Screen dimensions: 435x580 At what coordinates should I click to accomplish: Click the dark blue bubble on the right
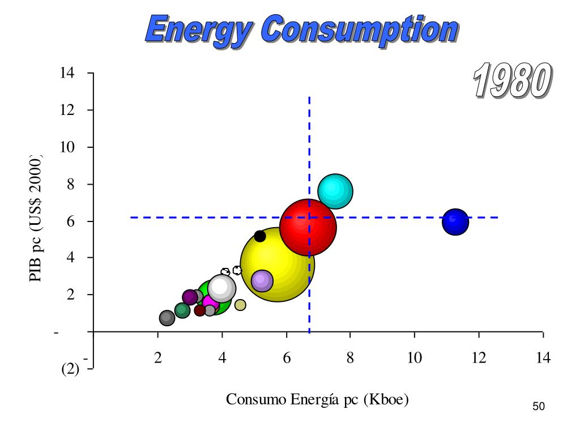[455, 221]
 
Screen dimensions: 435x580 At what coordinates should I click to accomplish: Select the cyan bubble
[335, 191]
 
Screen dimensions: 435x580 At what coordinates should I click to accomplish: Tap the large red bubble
[308, 228]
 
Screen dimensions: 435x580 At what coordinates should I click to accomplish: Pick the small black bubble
[260, 236]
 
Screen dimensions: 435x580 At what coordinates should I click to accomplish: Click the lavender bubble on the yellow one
[262, 280]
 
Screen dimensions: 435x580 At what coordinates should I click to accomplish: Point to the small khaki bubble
[240, 305]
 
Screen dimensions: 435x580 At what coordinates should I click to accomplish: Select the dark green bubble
[182, 310]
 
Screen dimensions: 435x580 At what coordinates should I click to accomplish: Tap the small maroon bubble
[199, 310]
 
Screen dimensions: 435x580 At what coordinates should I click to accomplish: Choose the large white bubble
[221, 288]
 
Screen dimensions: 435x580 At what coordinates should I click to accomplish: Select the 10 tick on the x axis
[415, 358]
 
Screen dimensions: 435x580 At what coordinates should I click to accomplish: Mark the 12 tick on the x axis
[479, 358]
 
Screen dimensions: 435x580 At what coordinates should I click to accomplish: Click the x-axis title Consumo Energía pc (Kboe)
[317, 399]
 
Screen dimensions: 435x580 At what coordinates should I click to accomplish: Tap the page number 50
[539, 406]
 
